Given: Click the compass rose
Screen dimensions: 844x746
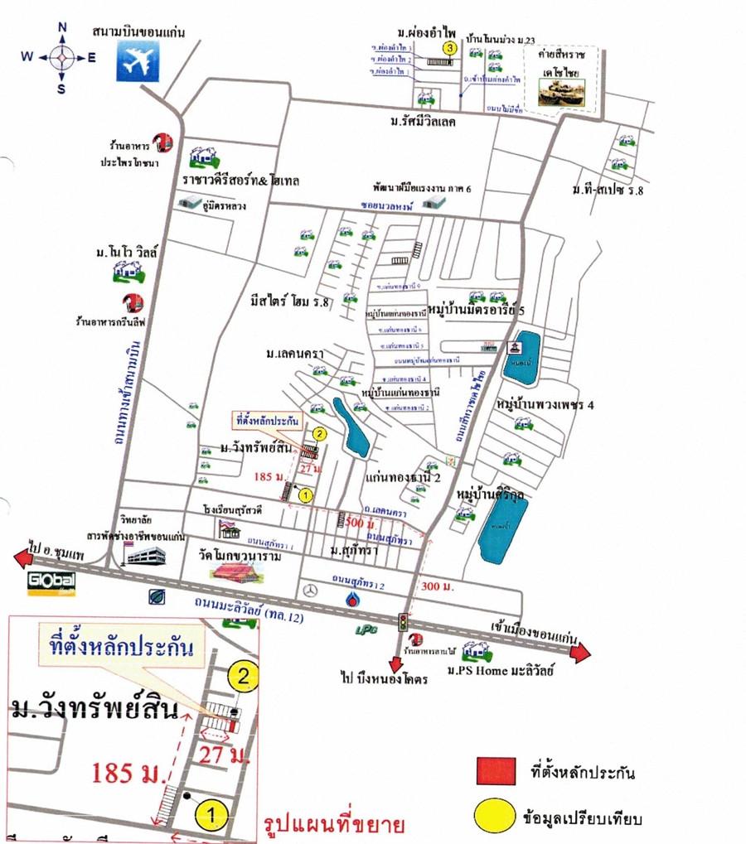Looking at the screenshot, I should coord(61,57).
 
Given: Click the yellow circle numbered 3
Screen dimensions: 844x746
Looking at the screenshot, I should coord(449,49).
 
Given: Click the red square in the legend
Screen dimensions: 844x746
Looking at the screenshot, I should coord(496,772).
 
